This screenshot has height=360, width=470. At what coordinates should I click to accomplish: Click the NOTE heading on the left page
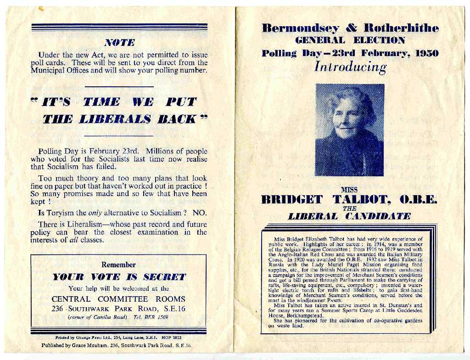pyautogui.click(x=119, y=43)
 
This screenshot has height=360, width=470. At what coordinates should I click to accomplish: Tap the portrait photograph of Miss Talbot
pyautogui.click(x=349, y=130)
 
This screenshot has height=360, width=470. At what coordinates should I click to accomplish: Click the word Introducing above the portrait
pyautogui.click(x=350, y=67)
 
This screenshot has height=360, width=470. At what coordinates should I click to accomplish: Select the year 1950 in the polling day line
pyautogui.click(x=427, y=53)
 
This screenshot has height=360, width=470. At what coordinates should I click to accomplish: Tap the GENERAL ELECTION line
pyautogui.click(x=350, y=40)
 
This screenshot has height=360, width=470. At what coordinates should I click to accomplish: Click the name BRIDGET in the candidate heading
pyautogui.click(x=292, y=200)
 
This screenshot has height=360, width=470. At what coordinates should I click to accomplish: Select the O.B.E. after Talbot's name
pyautogui.click(x=418, y=200)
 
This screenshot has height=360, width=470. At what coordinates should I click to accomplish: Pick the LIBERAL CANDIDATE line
pyautogui.click(x=349, y=216)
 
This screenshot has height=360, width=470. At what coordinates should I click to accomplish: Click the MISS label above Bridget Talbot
pyautogui.click(x=349, y=189)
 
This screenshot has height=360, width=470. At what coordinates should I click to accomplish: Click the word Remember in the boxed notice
pyautogui.click(x=118, y=265)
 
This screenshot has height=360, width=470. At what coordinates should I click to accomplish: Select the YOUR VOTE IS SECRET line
pyautogui.click(x=119, y=277)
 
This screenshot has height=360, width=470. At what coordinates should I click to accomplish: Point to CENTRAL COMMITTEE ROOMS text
pyautogui.click(x=118, y=299)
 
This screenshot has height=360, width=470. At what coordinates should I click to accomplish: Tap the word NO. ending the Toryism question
pyautogui.click(x=200, y=213)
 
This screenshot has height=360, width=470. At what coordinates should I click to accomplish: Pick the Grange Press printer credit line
pyautogui.click(x=118, y=337)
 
